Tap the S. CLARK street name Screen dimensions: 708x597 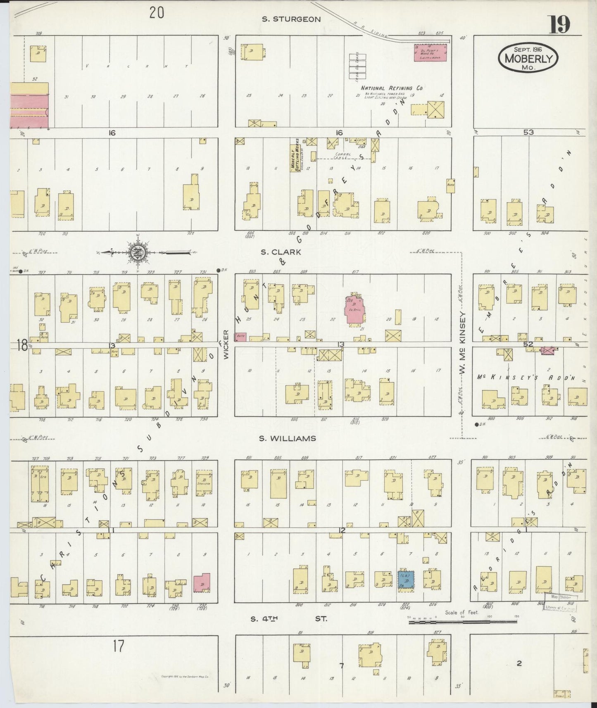pos(280,252)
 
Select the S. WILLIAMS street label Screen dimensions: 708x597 pos(288,438)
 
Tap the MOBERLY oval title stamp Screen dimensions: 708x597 pos(528,58)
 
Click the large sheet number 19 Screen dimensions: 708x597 pos(559,25)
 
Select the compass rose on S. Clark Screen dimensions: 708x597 pos(137,252)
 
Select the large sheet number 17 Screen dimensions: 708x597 pos(118,645)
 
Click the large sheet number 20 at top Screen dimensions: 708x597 pos(157,13)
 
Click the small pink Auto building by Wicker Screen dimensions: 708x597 pos(240,337)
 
